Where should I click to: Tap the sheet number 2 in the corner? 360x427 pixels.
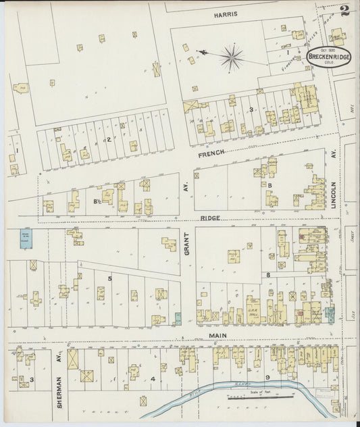[x=345, y=10]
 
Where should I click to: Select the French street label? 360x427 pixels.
[x=211, y=153]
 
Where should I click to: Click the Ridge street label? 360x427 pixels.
[x=211, y=219]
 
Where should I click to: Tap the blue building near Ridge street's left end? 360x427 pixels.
[x=26, y=238]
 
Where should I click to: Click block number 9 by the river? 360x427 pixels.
[x=267, y=376]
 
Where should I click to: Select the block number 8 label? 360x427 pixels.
[x=267, y=275]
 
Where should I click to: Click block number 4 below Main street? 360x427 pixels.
[x=163, y=367]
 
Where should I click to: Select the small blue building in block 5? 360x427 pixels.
[x=178, y=317]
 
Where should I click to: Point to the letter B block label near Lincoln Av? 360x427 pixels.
[x=270, y=184]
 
